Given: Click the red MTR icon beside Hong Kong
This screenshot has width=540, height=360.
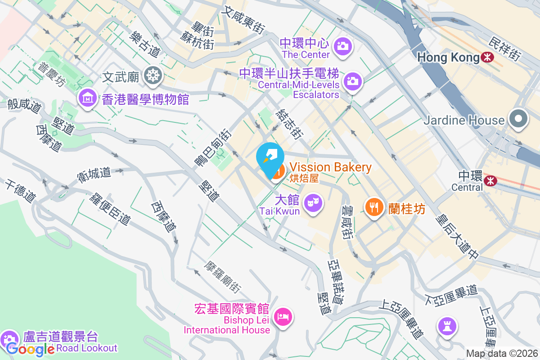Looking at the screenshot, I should click(486, 58).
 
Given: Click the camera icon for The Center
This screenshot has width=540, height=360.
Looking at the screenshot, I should click(343, 45).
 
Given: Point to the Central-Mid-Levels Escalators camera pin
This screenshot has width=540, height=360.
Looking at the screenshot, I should click(353, 81).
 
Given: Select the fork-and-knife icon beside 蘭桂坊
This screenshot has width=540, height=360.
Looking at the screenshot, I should click(373, 207).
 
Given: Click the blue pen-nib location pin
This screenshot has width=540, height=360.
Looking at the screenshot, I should click(270, 158).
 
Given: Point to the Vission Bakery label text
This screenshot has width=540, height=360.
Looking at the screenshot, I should click(331, 167).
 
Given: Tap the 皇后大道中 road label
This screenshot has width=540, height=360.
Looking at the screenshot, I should click(457, 237).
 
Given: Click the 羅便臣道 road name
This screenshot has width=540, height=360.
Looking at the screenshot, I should click(110, 208).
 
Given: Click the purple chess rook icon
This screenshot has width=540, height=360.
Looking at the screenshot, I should click(447, 326).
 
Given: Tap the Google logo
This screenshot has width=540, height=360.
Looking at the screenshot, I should click(31, 349).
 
